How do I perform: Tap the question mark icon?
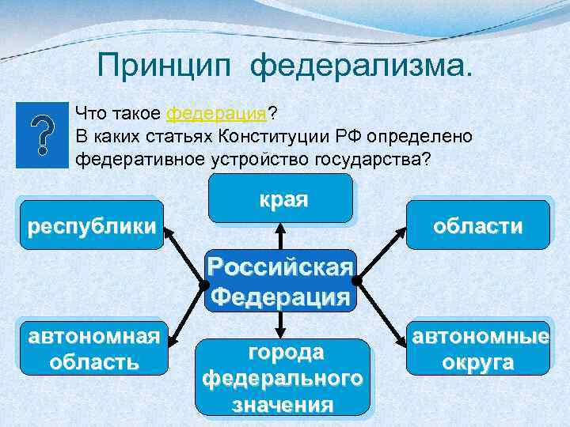[43, 134]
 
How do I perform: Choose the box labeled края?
[281, 198]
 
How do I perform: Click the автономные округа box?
[478, 349]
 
